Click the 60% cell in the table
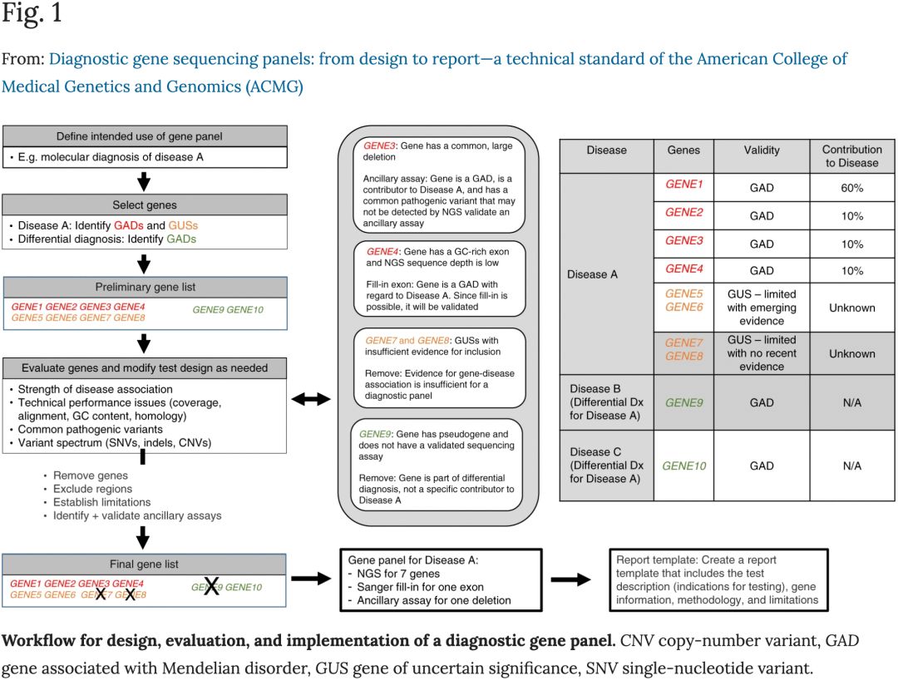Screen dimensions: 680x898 [x=851, y=188]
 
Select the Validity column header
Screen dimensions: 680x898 [x=761, y=150]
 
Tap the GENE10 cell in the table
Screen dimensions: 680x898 [x=683, y=466]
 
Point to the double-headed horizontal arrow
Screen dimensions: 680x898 [x=311, y=400]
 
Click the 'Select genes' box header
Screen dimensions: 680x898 [x=145, y=204]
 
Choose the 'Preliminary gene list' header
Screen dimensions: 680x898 [x=145, y=287]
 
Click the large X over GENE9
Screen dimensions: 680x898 [x=211, y=586]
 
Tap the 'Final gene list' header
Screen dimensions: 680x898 [x=145, y=564]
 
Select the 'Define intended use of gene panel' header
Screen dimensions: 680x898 [x=145, y=136]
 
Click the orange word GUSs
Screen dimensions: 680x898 [x=183, y=225]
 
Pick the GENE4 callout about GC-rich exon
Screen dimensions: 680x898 [x=440, y=278]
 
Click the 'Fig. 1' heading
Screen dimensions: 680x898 [x=32, y=15]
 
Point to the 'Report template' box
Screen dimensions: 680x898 [x=718, y=579]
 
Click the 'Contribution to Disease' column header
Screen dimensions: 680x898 [x=851, y=156]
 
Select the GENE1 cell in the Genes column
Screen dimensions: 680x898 [x=683, y=185]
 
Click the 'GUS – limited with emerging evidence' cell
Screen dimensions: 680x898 [x=761, y=308]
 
